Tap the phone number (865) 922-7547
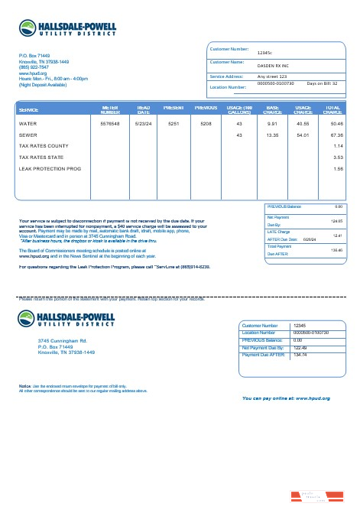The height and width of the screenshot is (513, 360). point(34,67)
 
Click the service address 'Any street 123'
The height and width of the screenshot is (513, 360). point(272,77)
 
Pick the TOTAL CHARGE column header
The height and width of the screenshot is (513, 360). point(332,109)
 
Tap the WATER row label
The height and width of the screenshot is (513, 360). point(28,123)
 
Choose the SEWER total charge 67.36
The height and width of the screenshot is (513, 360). point(332,135)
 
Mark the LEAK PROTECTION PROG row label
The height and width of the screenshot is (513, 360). point(50,168)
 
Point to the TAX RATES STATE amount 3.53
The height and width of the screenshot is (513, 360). point(338,157)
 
